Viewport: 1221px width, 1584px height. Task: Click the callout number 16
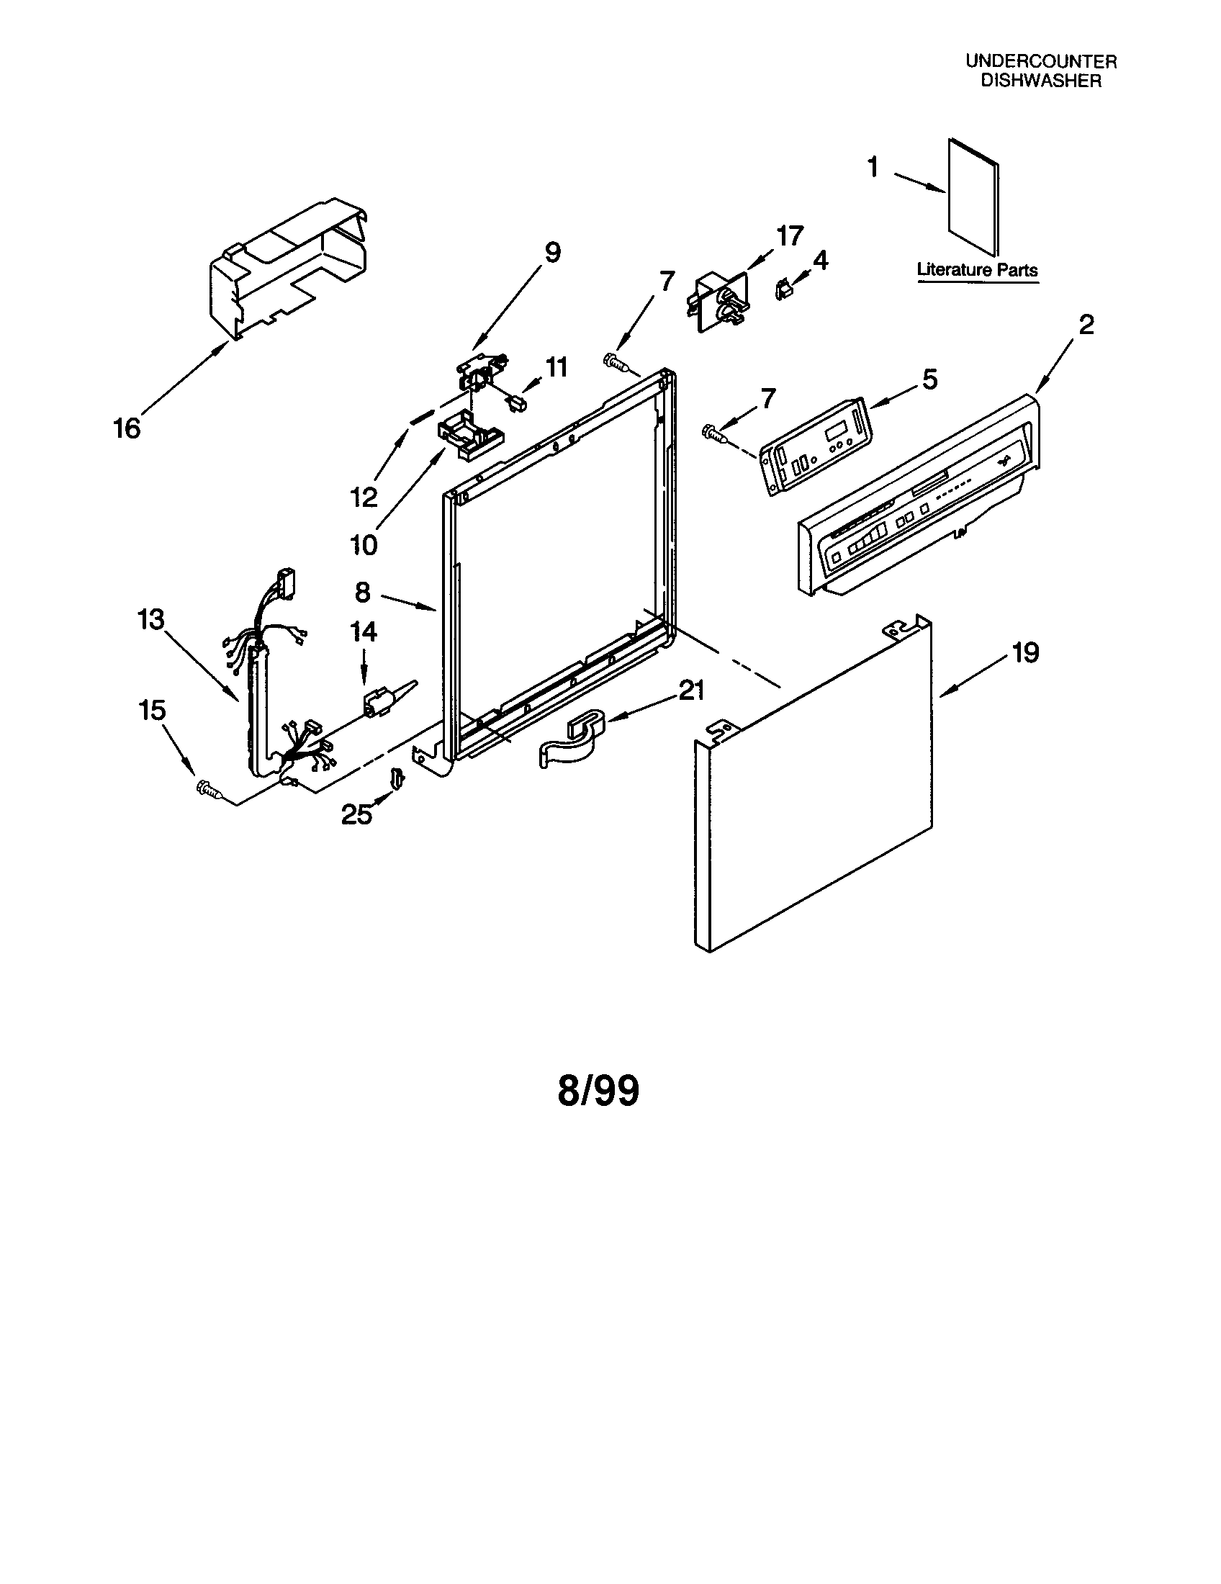tap(127, 428)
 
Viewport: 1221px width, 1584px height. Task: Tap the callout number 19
tap(1025, 652)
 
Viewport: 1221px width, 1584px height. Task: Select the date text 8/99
tap(598, 1090)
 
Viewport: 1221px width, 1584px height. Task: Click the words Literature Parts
tap(978, 270)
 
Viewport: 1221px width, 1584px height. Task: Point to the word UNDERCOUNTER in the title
tap(1040, 62)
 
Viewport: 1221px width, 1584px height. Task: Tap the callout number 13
tap(151, 620)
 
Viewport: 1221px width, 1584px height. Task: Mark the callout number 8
tap(363, 593)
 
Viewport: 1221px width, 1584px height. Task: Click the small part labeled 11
tap(517, 401)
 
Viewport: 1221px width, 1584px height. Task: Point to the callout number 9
tap(552, 253)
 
